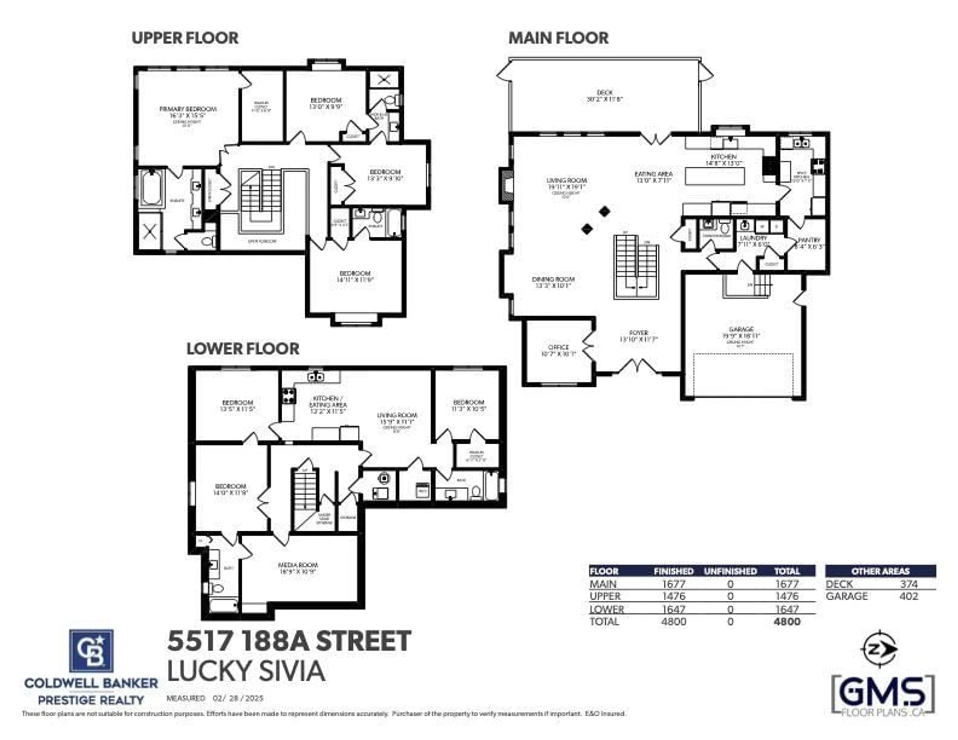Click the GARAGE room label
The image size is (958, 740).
pyautogui.click(x=741, y=329)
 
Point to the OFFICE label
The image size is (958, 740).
pyautogui.click(x=558, y=347)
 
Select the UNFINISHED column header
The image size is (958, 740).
pyautogui.click(x=730, y=571)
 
